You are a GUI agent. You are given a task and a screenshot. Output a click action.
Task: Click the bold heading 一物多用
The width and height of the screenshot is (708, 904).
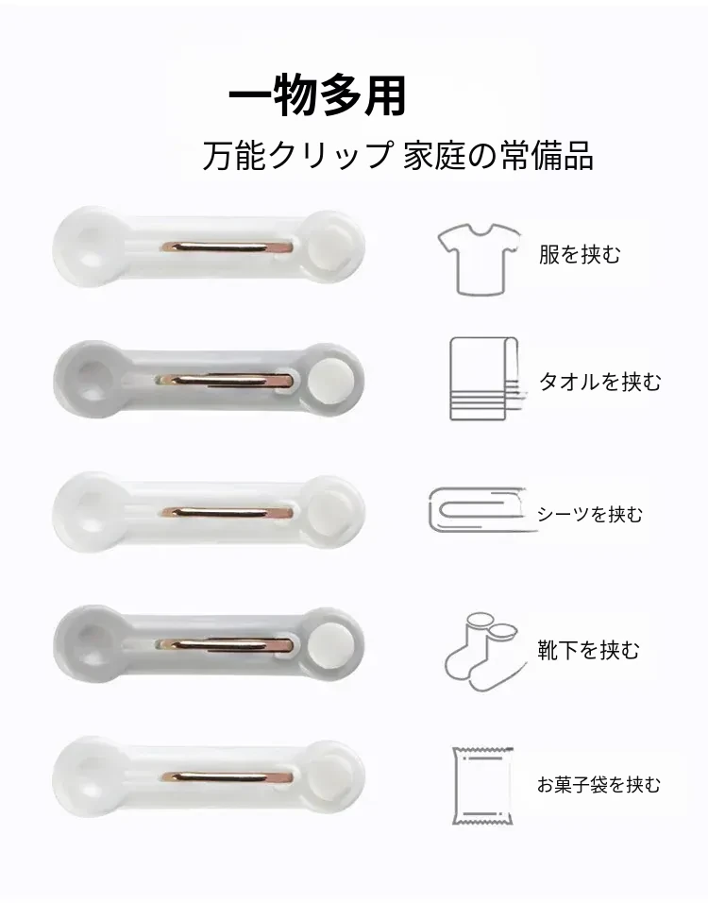317,95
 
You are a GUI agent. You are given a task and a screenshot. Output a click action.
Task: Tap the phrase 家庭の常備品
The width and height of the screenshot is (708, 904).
497,155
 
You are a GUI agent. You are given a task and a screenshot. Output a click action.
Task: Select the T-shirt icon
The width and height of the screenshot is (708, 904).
480,260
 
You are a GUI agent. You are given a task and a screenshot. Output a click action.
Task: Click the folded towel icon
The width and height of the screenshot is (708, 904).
487,379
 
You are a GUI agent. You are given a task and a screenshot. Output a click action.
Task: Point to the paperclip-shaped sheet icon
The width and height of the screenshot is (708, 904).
477,510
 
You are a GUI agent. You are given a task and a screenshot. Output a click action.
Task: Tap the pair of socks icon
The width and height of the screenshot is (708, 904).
485,652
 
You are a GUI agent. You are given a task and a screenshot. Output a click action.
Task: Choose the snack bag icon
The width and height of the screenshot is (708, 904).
482,787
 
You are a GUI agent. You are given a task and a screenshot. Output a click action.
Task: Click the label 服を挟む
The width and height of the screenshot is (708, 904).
580,254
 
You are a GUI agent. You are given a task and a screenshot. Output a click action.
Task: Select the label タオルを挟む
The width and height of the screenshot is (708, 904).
599,382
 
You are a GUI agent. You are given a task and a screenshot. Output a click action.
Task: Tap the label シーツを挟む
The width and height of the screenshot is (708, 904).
589,514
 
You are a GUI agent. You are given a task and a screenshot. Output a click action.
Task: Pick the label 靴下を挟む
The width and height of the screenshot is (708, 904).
588,650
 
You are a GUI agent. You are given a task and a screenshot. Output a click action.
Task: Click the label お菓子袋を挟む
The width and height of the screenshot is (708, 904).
598,785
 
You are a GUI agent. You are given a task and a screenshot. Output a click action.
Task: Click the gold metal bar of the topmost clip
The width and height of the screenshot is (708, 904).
227,247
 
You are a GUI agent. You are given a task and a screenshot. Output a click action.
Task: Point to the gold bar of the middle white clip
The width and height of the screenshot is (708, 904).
227,513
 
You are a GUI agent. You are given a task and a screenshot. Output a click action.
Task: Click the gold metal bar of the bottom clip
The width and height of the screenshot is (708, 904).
227,777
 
